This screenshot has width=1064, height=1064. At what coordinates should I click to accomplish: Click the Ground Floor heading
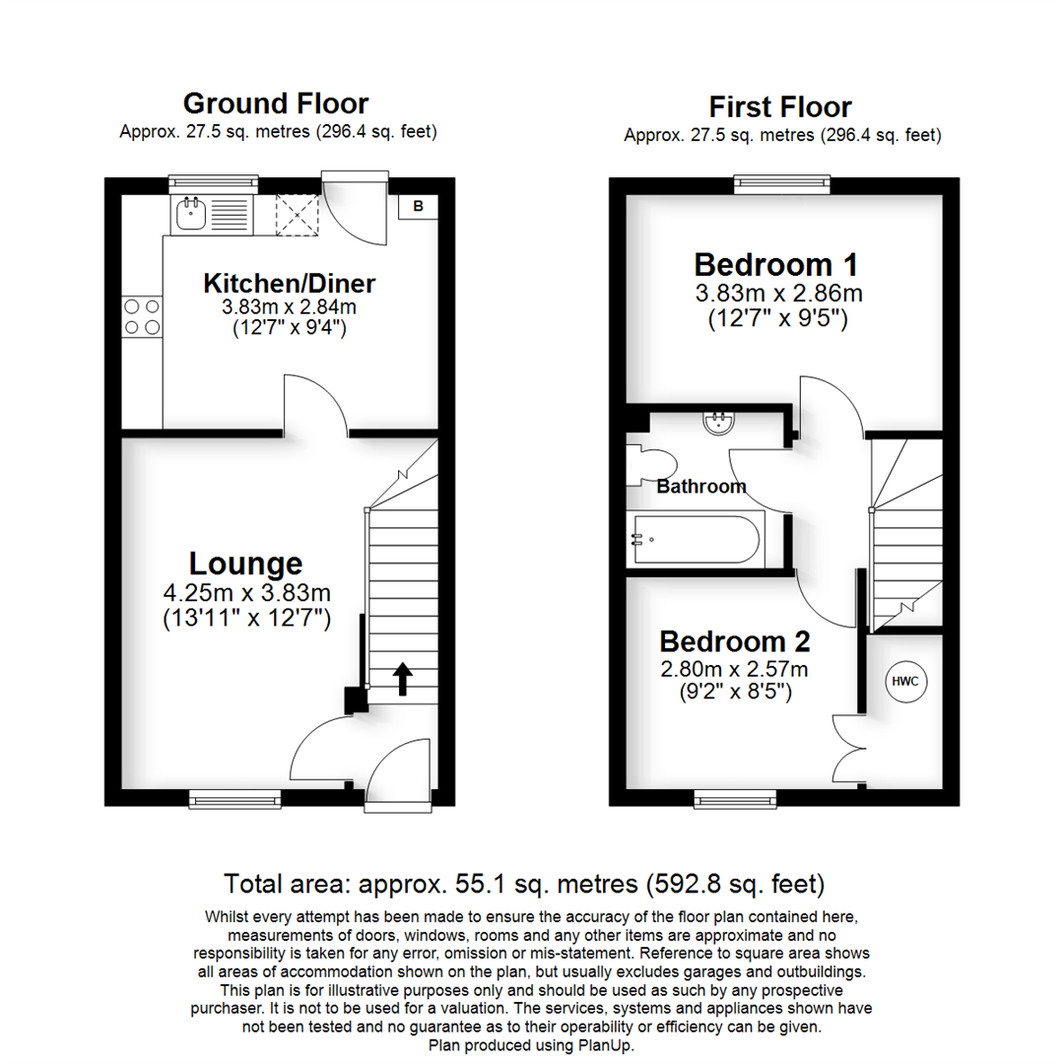[x=276, y=102]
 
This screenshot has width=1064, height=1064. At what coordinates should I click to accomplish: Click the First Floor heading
[x=780, y=106]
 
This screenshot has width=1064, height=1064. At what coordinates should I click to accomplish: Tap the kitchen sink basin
[x=191, y=213]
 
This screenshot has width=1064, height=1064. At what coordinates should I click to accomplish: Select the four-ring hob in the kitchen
[x=141, y=317]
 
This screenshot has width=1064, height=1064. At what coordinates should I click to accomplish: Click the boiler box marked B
[x=418, y=206]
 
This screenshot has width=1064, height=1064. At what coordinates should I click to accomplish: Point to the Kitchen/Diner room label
[x=290, y=284]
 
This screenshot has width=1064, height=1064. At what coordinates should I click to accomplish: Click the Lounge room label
[x=245, y=564]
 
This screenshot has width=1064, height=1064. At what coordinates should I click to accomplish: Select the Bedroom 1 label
[x=775, y=264]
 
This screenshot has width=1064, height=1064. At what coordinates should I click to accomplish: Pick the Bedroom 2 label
[x=735, y=641]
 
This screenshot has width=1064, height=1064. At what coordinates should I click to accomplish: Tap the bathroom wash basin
[x=717, y=424]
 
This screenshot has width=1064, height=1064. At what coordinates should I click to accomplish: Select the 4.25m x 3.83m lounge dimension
[x=246, y=593]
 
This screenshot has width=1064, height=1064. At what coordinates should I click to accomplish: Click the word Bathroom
[x=701, y=487]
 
